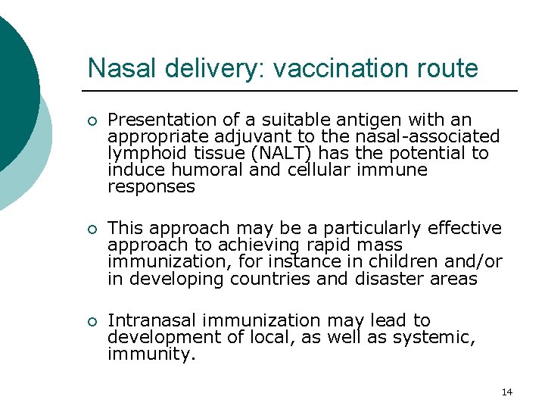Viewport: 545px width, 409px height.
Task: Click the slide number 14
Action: (x=506, y=392)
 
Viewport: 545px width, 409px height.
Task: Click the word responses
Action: (x=151, y=187)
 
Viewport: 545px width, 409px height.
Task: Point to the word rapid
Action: (x=325, y=245)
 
